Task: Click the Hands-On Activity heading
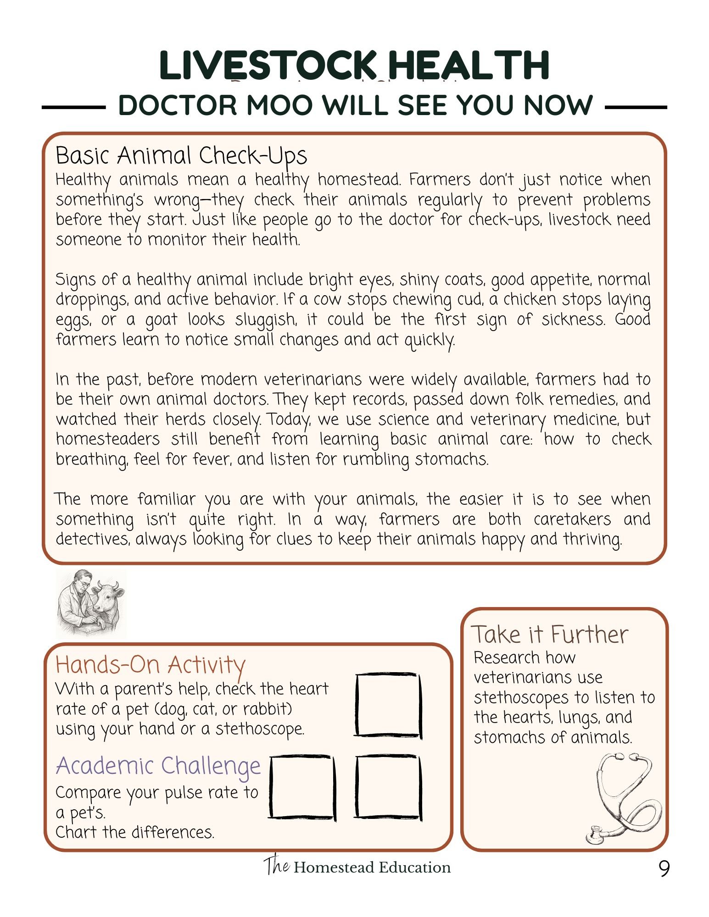(x=150, y=665)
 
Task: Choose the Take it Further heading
(x=549, y=635)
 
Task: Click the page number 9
(x=664, y=868)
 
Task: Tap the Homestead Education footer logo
(x=357, y=867)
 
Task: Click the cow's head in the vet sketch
(x=109, y=597)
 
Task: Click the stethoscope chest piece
(x=596, y=835)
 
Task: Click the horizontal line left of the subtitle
(x=73, y=108)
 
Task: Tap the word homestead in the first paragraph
(x=359, y=180)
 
